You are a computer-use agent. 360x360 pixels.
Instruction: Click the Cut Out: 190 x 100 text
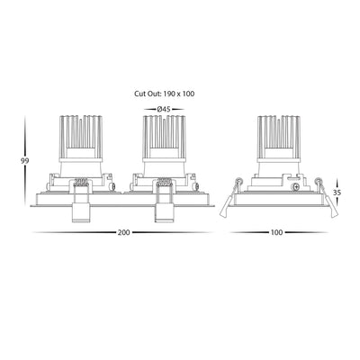tap(164, 94)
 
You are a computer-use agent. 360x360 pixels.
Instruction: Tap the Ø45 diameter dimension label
tap(164, 110)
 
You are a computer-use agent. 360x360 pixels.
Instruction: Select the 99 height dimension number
tap(24, 161)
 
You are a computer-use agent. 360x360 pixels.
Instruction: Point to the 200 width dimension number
tap(123, 232)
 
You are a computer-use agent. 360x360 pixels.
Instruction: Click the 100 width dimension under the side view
tap(276, 232)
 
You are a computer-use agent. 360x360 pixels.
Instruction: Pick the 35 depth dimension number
tap(337, 193)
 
